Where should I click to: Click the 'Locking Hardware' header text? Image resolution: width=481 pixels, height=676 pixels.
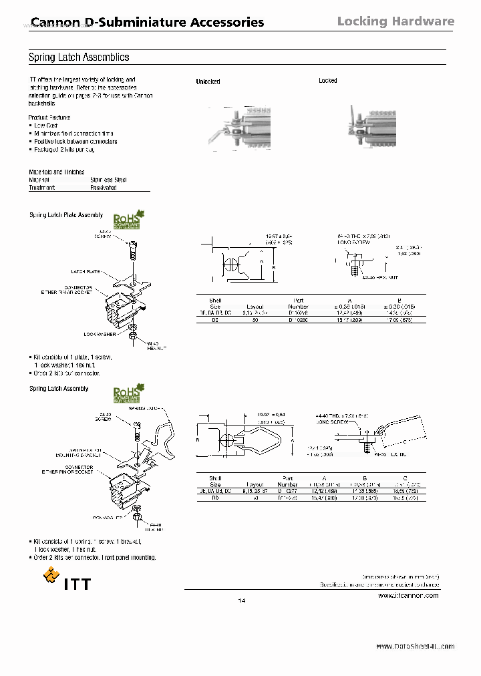[x=395, y=21]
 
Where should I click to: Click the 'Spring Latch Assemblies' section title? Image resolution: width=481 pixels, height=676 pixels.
[x=79, y=57]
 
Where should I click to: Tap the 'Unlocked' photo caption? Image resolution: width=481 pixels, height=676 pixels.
[x=208, y=81]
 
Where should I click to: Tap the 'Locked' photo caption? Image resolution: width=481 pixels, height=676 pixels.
[x=328, y=81]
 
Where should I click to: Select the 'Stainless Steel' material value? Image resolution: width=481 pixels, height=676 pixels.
[x=108, y=180]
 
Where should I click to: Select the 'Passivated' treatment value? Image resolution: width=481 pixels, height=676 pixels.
[x=104, y=188]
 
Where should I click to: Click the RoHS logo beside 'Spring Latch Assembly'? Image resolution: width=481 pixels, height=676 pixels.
[x=130, y=393]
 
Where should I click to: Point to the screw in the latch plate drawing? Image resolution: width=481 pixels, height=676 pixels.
[x=132, y=252]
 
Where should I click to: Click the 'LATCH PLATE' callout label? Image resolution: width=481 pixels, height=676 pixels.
[x=86, y=271]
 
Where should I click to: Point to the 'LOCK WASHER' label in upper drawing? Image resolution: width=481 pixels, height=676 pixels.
[x=100, y=333]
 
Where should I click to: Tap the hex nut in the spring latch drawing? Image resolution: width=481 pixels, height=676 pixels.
[x=136, y=520]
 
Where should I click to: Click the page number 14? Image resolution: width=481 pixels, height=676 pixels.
[x=242, y=601]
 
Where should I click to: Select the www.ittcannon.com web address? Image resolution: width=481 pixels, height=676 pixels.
[x=408, y=595]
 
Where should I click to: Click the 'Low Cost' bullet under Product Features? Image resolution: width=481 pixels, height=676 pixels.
[x=45, y=126]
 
